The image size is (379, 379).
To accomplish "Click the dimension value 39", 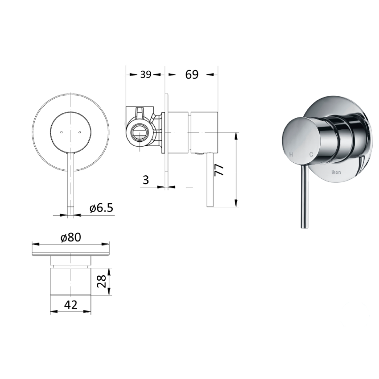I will [146, 75].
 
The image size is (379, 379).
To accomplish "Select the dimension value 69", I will [191, 75].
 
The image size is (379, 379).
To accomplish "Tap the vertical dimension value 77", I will [219, 170].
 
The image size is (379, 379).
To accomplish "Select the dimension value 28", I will [102, 281].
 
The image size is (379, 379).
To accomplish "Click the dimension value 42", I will [71, 305].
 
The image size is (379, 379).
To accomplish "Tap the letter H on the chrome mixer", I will [291, 154].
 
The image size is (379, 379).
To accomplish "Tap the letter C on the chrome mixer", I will [311, 154].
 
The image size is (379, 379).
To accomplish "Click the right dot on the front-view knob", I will [79, 132].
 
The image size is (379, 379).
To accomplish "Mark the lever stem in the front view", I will [70, 183].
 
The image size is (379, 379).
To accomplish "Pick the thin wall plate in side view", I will [166, 138].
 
